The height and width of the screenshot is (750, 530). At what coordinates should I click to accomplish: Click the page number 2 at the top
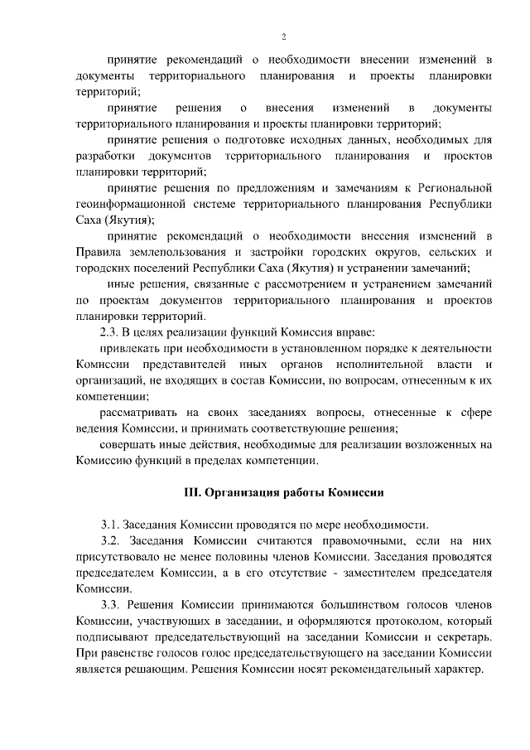283,36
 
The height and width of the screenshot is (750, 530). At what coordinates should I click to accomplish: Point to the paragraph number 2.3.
112,332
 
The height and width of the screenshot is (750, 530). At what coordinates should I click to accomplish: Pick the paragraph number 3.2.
112,540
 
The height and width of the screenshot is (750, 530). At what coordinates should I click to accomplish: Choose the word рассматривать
140,412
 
